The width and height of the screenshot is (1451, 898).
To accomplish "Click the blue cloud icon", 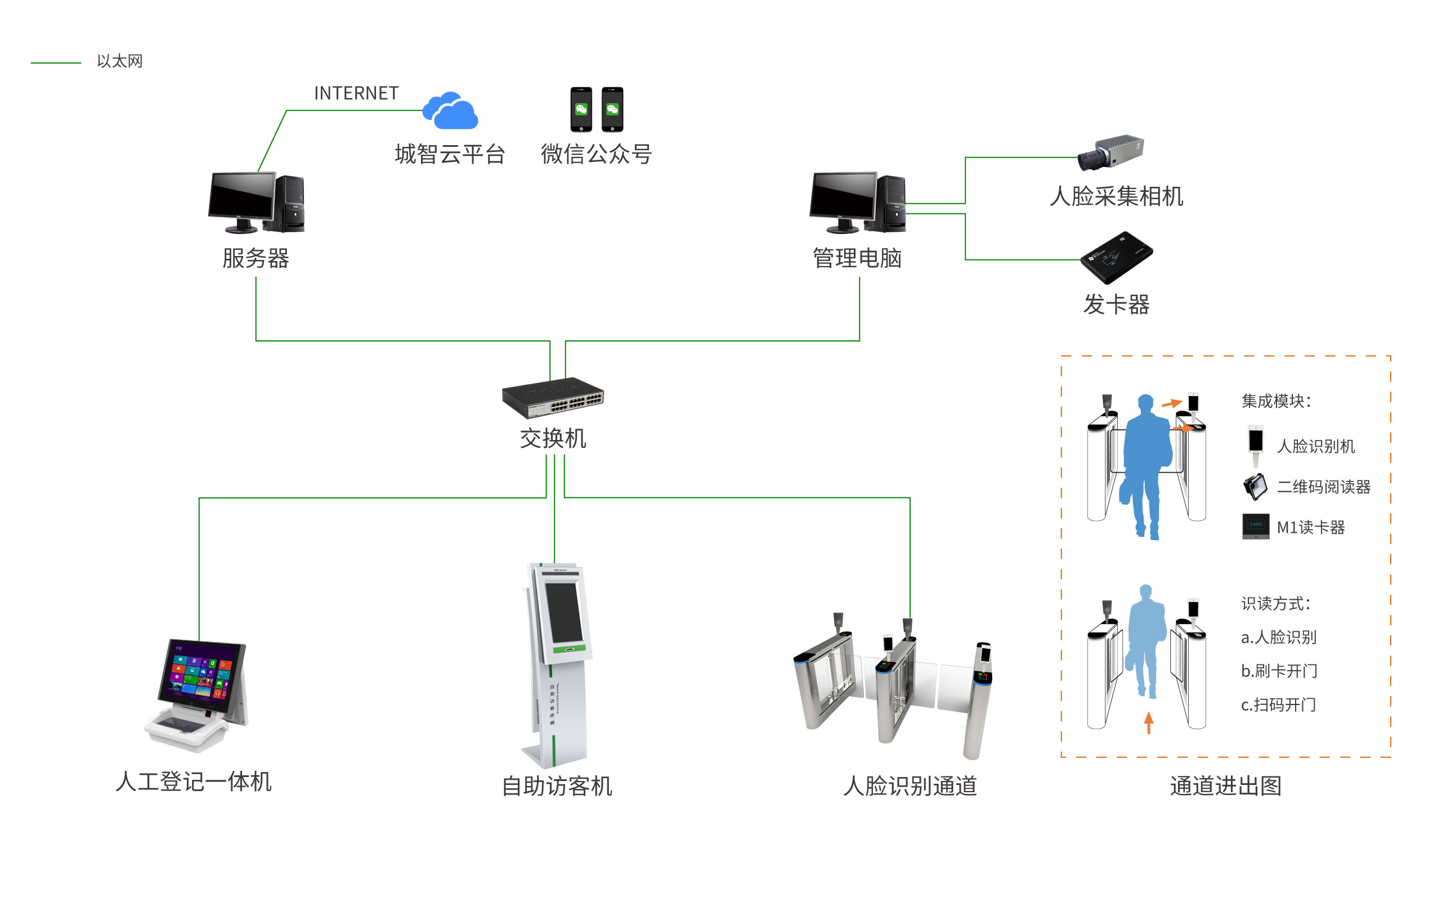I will (450, 111).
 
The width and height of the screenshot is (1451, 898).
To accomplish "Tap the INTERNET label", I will (356, 93).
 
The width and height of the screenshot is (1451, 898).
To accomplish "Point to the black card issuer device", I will (1116, 257).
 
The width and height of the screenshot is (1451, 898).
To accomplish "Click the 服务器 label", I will (256, 258).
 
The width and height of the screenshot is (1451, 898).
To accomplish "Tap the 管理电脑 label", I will (857, 258).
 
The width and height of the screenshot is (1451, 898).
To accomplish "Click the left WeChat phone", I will (581, 109).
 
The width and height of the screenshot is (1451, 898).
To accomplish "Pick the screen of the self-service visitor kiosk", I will (562, 612).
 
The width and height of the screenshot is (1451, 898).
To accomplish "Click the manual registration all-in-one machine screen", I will (201, 676).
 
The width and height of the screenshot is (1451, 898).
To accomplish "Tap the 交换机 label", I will (553, 438).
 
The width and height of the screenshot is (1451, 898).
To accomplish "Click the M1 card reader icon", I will (1255, 526).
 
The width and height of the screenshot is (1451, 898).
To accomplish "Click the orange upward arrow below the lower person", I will (1149, 722).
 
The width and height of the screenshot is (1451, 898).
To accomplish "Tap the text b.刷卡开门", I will (1279, 671).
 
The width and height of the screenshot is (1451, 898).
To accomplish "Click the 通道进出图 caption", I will (1225, 785).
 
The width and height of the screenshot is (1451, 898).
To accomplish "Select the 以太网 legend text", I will (119, 61).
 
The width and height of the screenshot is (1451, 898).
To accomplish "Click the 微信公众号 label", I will (596, 154).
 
